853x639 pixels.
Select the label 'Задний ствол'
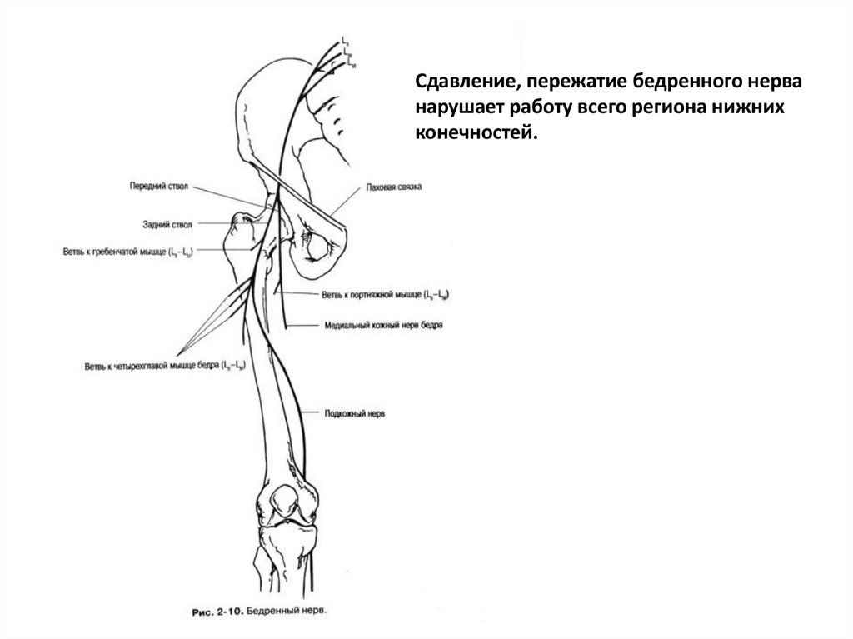(167, 224)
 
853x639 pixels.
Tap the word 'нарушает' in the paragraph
(459, 109)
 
